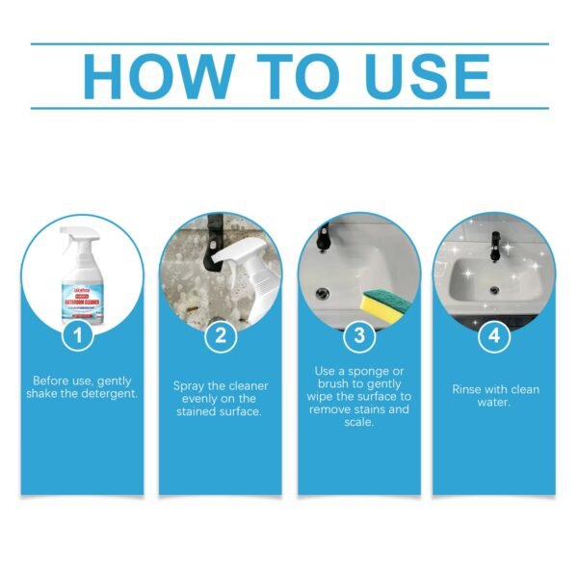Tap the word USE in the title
[421, 75]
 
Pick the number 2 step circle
[221, 336]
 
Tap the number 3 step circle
[358, 336]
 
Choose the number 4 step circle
[493, 336]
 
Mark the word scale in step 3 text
[358, 422]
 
